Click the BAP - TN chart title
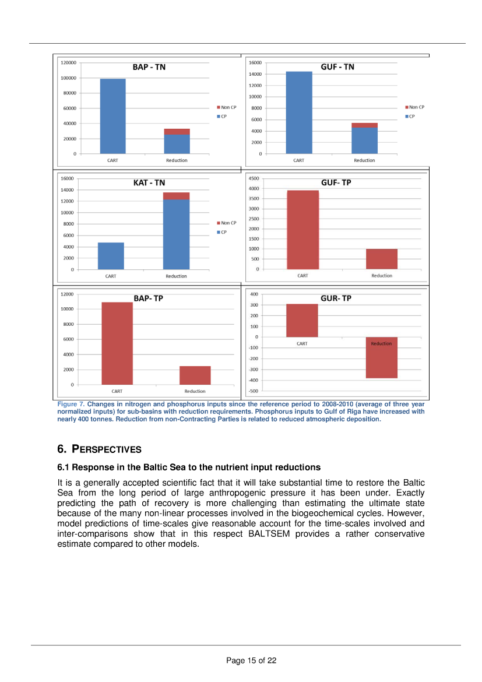pyautogui.click(x=149, y=67)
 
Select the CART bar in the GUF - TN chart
pyautogui.click(x=298, y=113)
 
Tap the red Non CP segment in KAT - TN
pyautogui.click(x=176, y=196)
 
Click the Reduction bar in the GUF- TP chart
pyautogui.click(x=381, y=259)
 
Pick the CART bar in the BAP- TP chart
pyautogui.click(x=117, y=343)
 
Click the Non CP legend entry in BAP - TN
pyautogui.click(x=227, y=107)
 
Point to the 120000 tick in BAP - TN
pyautogui.click(x=69, y=62)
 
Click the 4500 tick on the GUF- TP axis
pyautogui.click(x=254, y=178)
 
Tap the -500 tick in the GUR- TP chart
pyautogui.click(x=254, y=391)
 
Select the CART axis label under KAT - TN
pyautogui.click(x=110, y=276)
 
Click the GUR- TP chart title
pyautogui.click(x=336, y=298)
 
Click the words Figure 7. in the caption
pyautogui.click(x=71, y=404)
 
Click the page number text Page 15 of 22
pyautogui.click(x=251, y=660)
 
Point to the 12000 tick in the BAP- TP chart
pyautogui.click(x=68, y=294)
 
